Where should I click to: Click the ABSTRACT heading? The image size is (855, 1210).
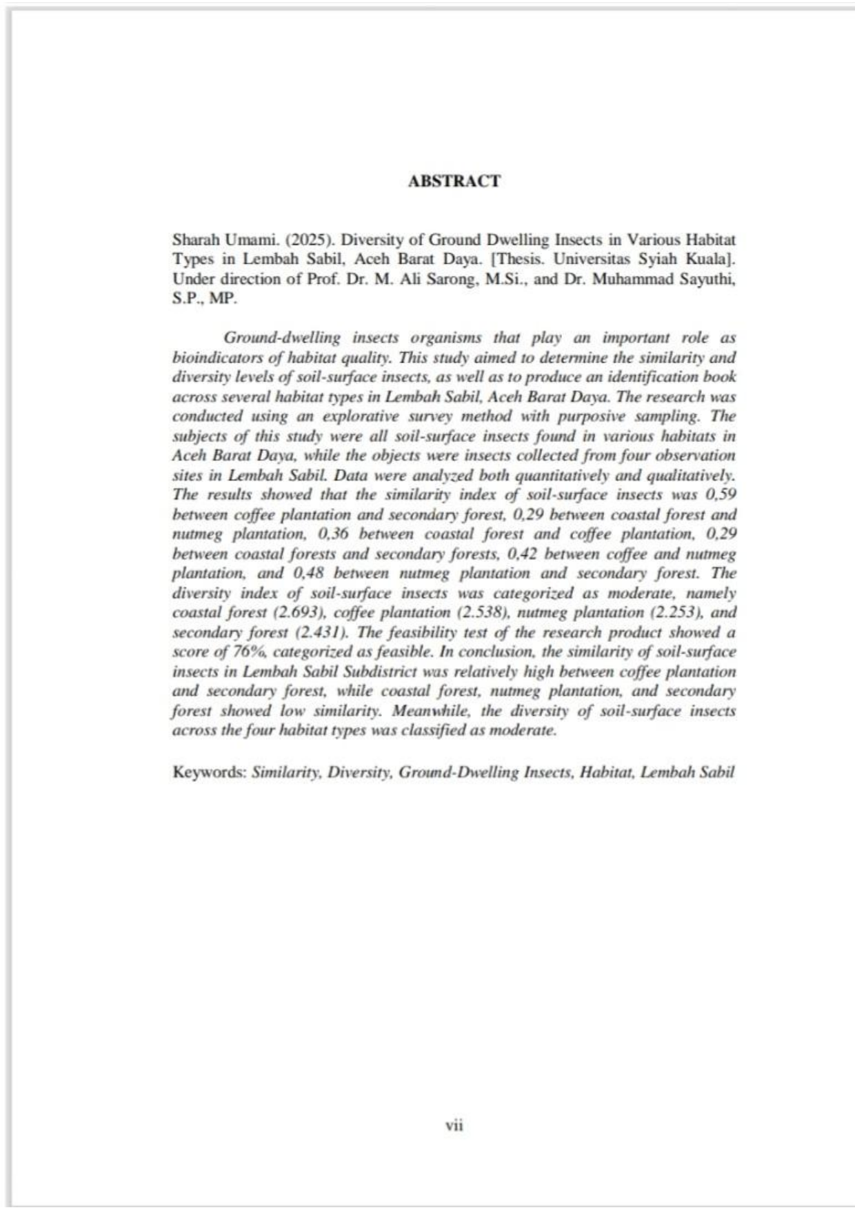(x=454, y=181)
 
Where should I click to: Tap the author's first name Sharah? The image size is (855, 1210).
(x=193, y=240)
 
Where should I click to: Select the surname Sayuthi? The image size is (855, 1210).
(x=710, y=279)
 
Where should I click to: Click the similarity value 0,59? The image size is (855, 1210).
(x=721, y=494)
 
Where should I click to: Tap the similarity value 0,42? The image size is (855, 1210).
(x=522, y=554)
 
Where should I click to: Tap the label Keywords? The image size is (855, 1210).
(x=210, y=772)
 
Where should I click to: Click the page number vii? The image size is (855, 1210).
(x=454, y=1125)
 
